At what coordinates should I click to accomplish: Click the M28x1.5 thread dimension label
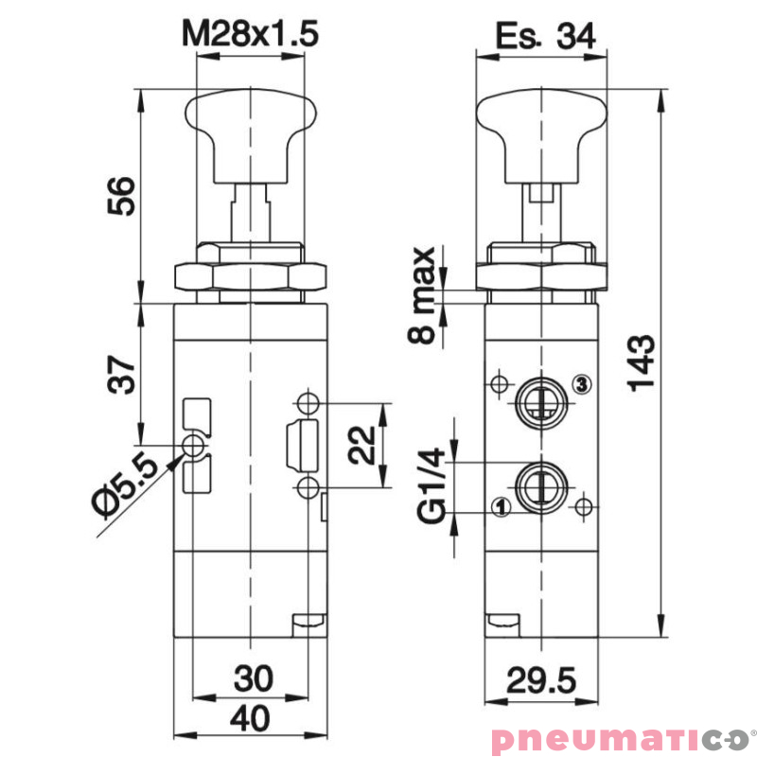click(x=250, y=34)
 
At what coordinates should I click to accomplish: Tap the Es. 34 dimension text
click(x=545, y=36)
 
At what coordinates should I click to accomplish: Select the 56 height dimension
click(x=121, y=196)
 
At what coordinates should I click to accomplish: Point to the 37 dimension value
click(x=121, y=375)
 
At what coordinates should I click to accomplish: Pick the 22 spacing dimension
click(x=362, y=445)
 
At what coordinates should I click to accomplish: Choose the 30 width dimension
click(x=254, y=678)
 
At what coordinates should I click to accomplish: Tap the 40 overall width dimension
click(x=250, y=718)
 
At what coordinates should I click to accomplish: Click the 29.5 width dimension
click(x=541, y=680)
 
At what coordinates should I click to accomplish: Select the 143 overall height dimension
click(x=642, y=363)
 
